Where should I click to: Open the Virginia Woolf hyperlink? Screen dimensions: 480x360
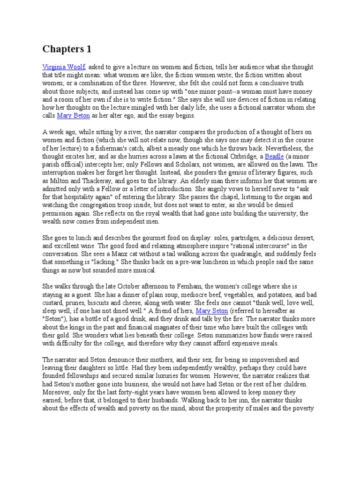pos(64,67)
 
